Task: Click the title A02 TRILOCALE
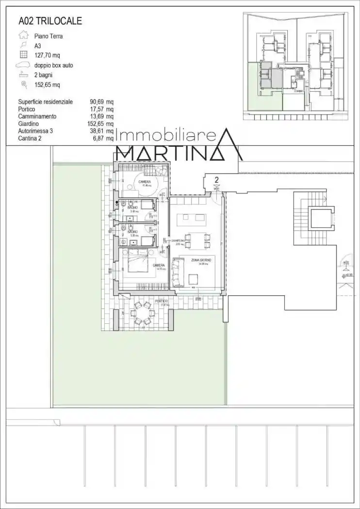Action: click(50, 21)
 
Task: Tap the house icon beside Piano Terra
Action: click(22, 35)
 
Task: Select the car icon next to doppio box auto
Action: click(23, 65)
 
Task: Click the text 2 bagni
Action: click(44, 75)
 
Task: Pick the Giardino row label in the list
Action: click(29, 124)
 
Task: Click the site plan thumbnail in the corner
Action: click(296, 67)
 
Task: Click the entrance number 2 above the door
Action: click(217, 180)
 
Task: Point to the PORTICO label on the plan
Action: click(162, 301)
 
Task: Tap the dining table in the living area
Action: click(197, 239)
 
